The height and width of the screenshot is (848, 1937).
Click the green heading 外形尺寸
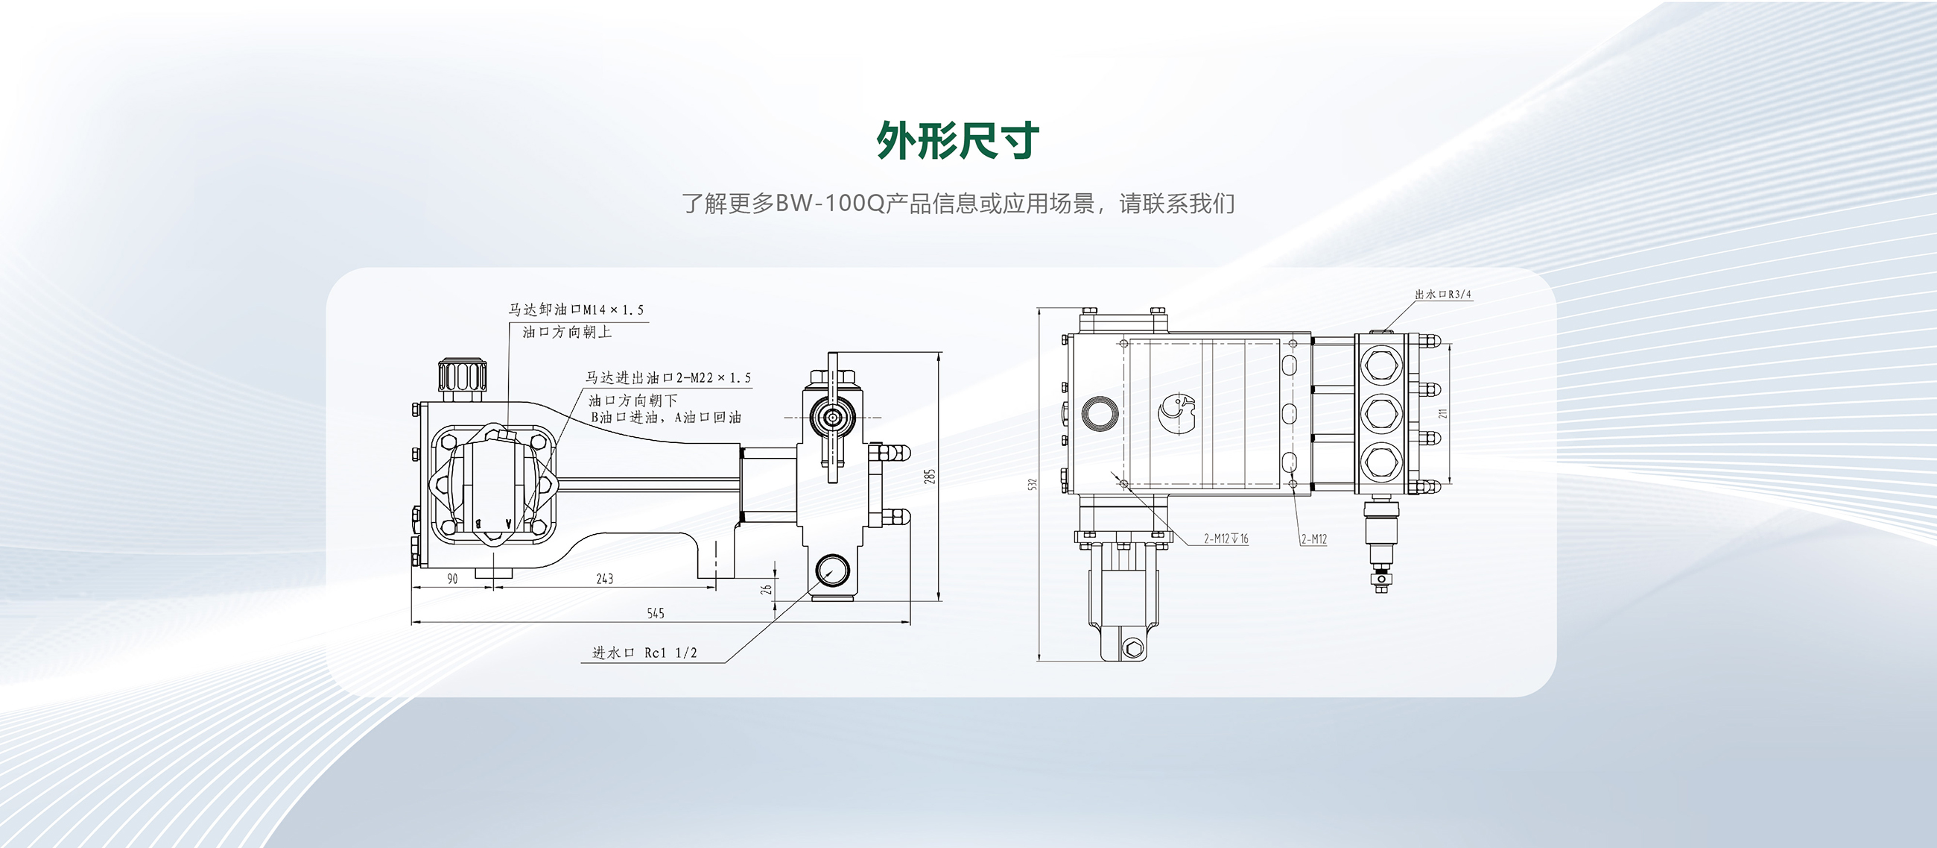(958, 140)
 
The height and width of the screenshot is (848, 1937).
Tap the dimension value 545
(656, 613)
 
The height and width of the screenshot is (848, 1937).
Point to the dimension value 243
(604, 579)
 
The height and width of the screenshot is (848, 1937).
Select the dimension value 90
(452, 579)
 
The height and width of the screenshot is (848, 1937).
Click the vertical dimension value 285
(931, 477)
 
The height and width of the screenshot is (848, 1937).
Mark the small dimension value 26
(766, 589)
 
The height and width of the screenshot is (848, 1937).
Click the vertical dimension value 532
(1033, 485)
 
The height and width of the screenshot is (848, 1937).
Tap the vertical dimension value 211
(1442, 414)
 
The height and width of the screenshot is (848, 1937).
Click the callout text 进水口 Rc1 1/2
(645, 653)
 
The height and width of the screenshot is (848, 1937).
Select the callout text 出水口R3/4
(1442, 294)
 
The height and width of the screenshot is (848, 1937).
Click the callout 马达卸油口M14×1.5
(576, 310)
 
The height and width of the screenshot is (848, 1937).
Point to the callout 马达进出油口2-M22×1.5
(668, 377)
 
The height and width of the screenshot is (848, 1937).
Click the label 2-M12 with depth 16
(1226, 538)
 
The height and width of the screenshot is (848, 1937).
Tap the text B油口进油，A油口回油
(665, 418)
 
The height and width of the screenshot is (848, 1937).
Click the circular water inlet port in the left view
(831, 571)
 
